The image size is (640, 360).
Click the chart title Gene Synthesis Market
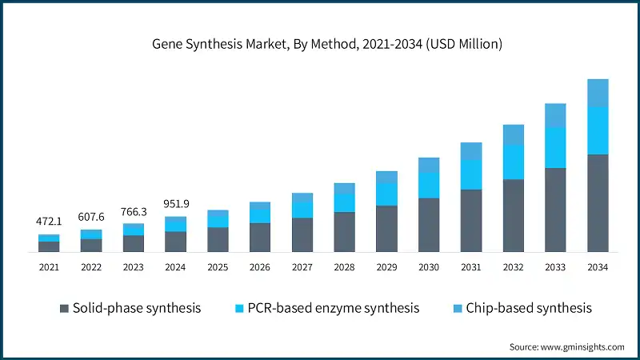(327, 44)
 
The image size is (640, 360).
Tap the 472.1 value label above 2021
(49, 221)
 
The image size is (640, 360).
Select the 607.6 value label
(91, 216)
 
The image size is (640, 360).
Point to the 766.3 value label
(134, 211)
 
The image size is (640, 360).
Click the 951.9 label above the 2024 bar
(176, 203)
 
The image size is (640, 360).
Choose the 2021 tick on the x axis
(49, 266)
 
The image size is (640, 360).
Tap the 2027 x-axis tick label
(302, 266)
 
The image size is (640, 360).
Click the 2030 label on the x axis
(429, 266)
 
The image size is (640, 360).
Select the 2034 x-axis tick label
(598, 266)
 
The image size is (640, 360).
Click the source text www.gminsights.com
(566, 346)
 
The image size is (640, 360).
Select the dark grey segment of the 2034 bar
(598, 203)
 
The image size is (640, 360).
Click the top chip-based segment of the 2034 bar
(598, 93)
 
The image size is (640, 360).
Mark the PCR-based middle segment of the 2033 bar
(555, 147)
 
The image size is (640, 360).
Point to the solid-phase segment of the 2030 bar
(429, 225)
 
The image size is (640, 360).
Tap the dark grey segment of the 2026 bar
(260, 238)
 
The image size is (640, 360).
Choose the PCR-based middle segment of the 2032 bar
(514, 162)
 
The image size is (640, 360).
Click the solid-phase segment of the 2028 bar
(344, 232)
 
